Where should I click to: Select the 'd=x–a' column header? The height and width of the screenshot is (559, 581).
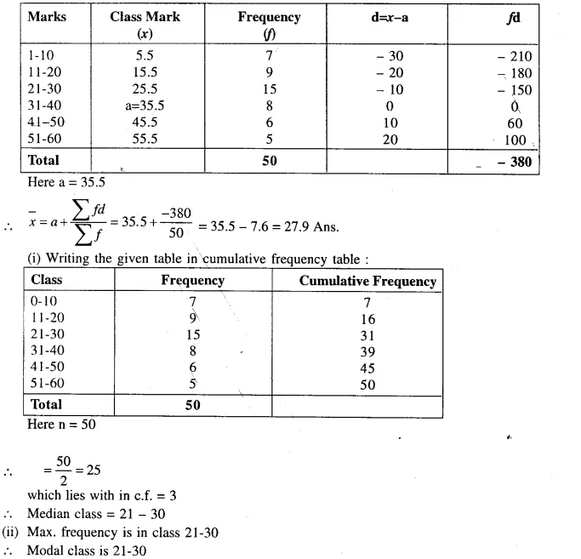389,17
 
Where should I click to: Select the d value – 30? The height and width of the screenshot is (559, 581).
389,56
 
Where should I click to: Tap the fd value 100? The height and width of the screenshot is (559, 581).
515,140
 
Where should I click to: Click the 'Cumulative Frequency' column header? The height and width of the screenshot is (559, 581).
367,282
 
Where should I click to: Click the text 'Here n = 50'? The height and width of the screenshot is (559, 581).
60,425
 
